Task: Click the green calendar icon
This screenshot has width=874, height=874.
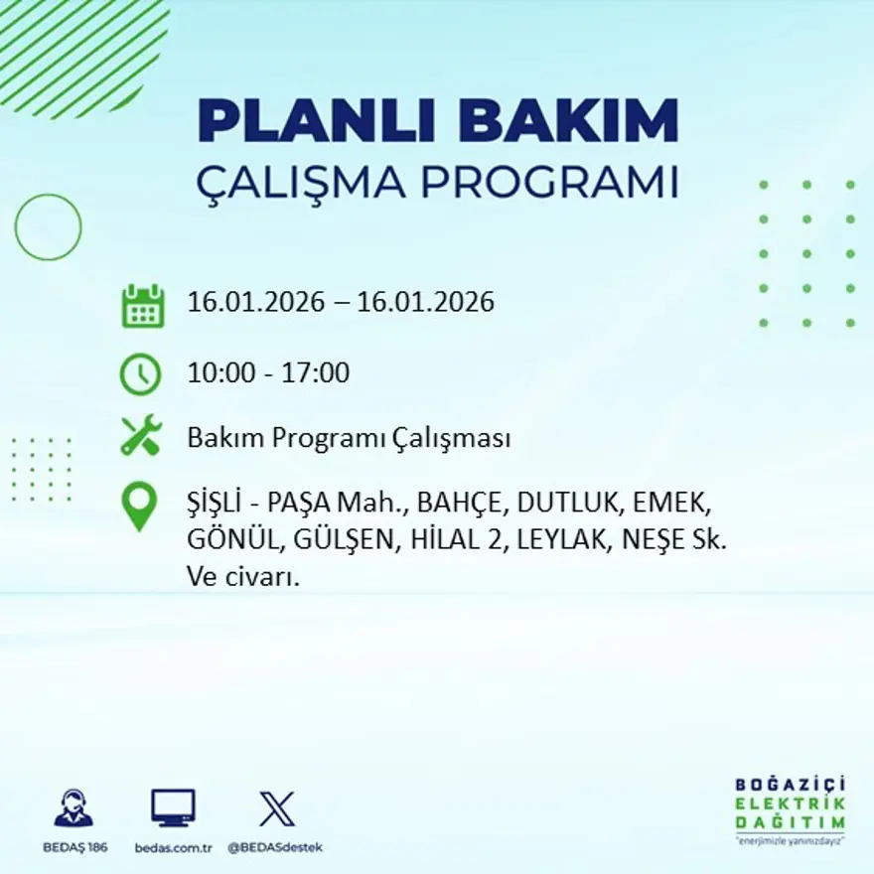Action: [142, 306]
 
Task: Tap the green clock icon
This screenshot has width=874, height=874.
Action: [140, 373]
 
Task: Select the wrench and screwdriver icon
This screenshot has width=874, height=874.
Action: [140, 437]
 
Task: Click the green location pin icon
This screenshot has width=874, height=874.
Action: [139, 506]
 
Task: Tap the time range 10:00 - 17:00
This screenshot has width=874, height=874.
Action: [268, 373]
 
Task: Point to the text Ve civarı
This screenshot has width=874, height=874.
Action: [242, 576]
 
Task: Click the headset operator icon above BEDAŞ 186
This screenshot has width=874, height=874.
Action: [73, 808]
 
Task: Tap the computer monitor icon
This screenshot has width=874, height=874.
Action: [173, 808]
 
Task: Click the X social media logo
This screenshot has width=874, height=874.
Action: [275, 808]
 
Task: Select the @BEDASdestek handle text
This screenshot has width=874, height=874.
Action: [275, 847]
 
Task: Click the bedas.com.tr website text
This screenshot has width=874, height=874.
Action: [173, 847]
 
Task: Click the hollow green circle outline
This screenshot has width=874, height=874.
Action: [48, 227]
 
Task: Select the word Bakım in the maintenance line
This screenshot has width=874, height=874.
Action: [216, 438]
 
